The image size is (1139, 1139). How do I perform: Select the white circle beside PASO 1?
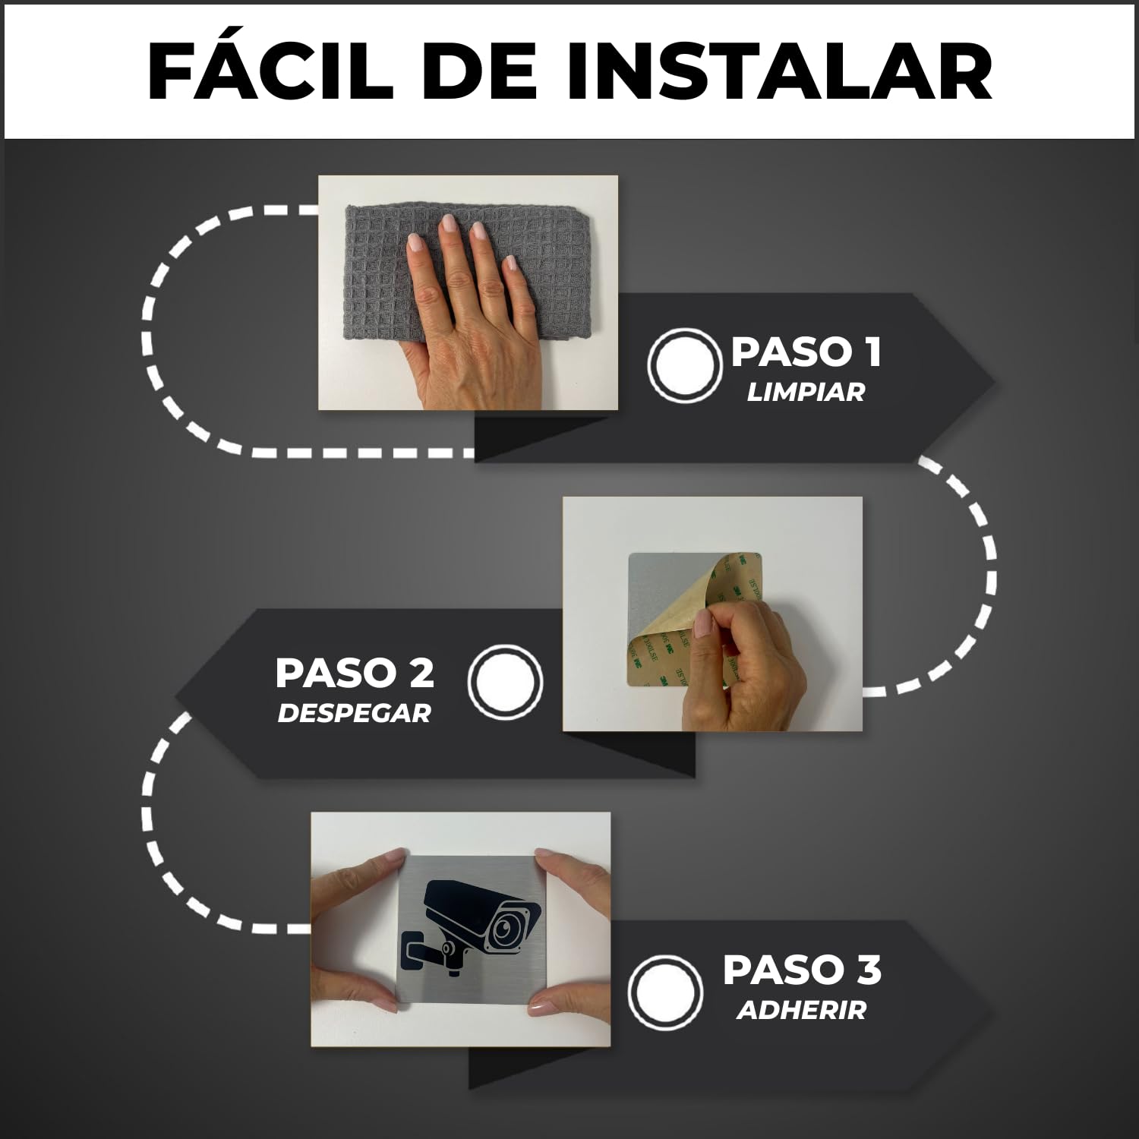684,365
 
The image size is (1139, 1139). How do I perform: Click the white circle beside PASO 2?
505,681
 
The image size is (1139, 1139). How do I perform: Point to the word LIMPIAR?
806,393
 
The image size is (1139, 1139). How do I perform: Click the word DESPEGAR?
354,714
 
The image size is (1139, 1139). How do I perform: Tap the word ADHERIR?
801,1011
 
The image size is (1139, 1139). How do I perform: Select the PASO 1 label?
806,352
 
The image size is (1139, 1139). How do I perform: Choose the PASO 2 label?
355,673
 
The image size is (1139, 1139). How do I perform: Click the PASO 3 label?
802,970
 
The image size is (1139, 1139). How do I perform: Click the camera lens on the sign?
503,927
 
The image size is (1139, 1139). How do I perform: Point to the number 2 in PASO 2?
420,673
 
